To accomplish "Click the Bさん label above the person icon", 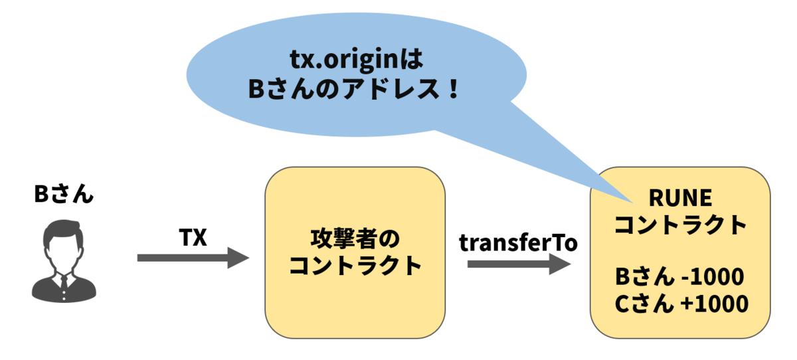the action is coord(64,194).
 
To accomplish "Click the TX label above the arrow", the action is coord(193,237).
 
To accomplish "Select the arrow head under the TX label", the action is coord(238,258).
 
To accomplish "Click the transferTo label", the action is coord(518,242).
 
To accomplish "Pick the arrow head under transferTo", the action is coord(560,264).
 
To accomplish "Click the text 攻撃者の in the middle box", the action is coord(355,238).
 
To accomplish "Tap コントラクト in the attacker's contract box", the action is coord(355,266).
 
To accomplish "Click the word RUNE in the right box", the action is coord(680,197).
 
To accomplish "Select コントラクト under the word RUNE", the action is coord(680,225).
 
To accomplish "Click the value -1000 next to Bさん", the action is coord(712,276).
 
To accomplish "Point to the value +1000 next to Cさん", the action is coord(714,304).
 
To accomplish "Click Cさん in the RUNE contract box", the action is coord(644,304).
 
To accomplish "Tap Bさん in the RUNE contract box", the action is coord(644,276).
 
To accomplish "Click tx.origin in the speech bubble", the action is coord(344,59).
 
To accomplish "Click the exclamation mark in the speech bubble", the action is coord(453,88).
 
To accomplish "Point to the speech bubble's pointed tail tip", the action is coord(634,203).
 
